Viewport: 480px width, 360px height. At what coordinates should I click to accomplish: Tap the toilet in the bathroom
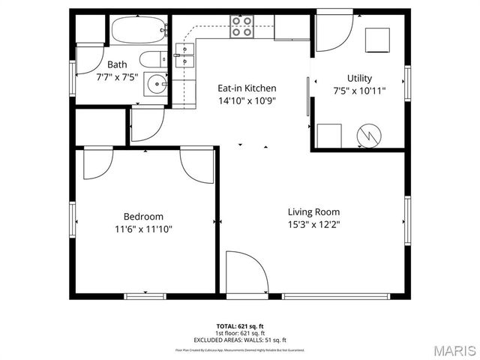[152, 61]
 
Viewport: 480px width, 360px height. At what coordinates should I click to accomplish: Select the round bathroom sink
[155, 83]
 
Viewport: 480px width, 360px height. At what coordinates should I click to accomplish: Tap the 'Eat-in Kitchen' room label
[247, 88]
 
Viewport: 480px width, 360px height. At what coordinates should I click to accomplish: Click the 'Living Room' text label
[313, 211]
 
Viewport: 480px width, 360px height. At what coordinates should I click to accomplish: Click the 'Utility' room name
[359, 78]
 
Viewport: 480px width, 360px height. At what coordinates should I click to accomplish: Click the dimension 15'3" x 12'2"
[313, 224]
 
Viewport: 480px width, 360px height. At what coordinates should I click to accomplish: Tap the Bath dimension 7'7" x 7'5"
[117, 76]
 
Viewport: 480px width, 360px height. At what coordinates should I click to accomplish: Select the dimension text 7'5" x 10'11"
[359, 91]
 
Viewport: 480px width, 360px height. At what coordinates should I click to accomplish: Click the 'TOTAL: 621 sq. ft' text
[240, 326]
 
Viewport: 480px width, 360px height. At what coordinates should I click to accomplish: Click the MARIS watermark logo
[454, 350]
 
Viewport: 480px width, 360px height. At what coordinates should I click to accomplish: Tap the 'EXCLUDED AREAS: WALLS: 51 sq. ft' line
[240, 340]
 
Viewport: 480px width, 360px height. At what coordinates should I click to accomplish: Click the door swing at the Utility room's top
[332, 33]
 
